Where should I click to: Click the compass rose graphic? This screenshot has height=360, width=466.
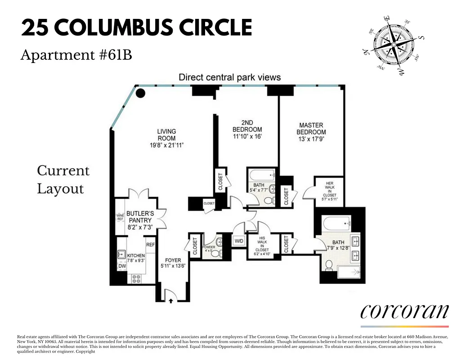click(x=393, y=45)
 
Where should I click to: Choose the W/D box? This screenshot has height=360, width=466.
click(x=239, y=241)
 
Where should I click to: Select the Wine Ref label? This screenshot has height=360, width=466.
click(x=120, y=217)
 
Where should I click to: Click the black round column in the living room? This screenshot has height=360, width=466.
click(x=141, y=93)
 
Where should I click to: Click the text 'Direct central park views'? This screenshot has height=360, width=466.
click(x=229, y=77)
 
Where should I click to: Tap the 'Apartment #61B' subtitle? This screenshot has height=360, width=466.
click(x=76, y=55)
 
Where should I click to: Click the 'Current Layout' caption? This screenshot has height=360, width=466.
click(x=63, y=180)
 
